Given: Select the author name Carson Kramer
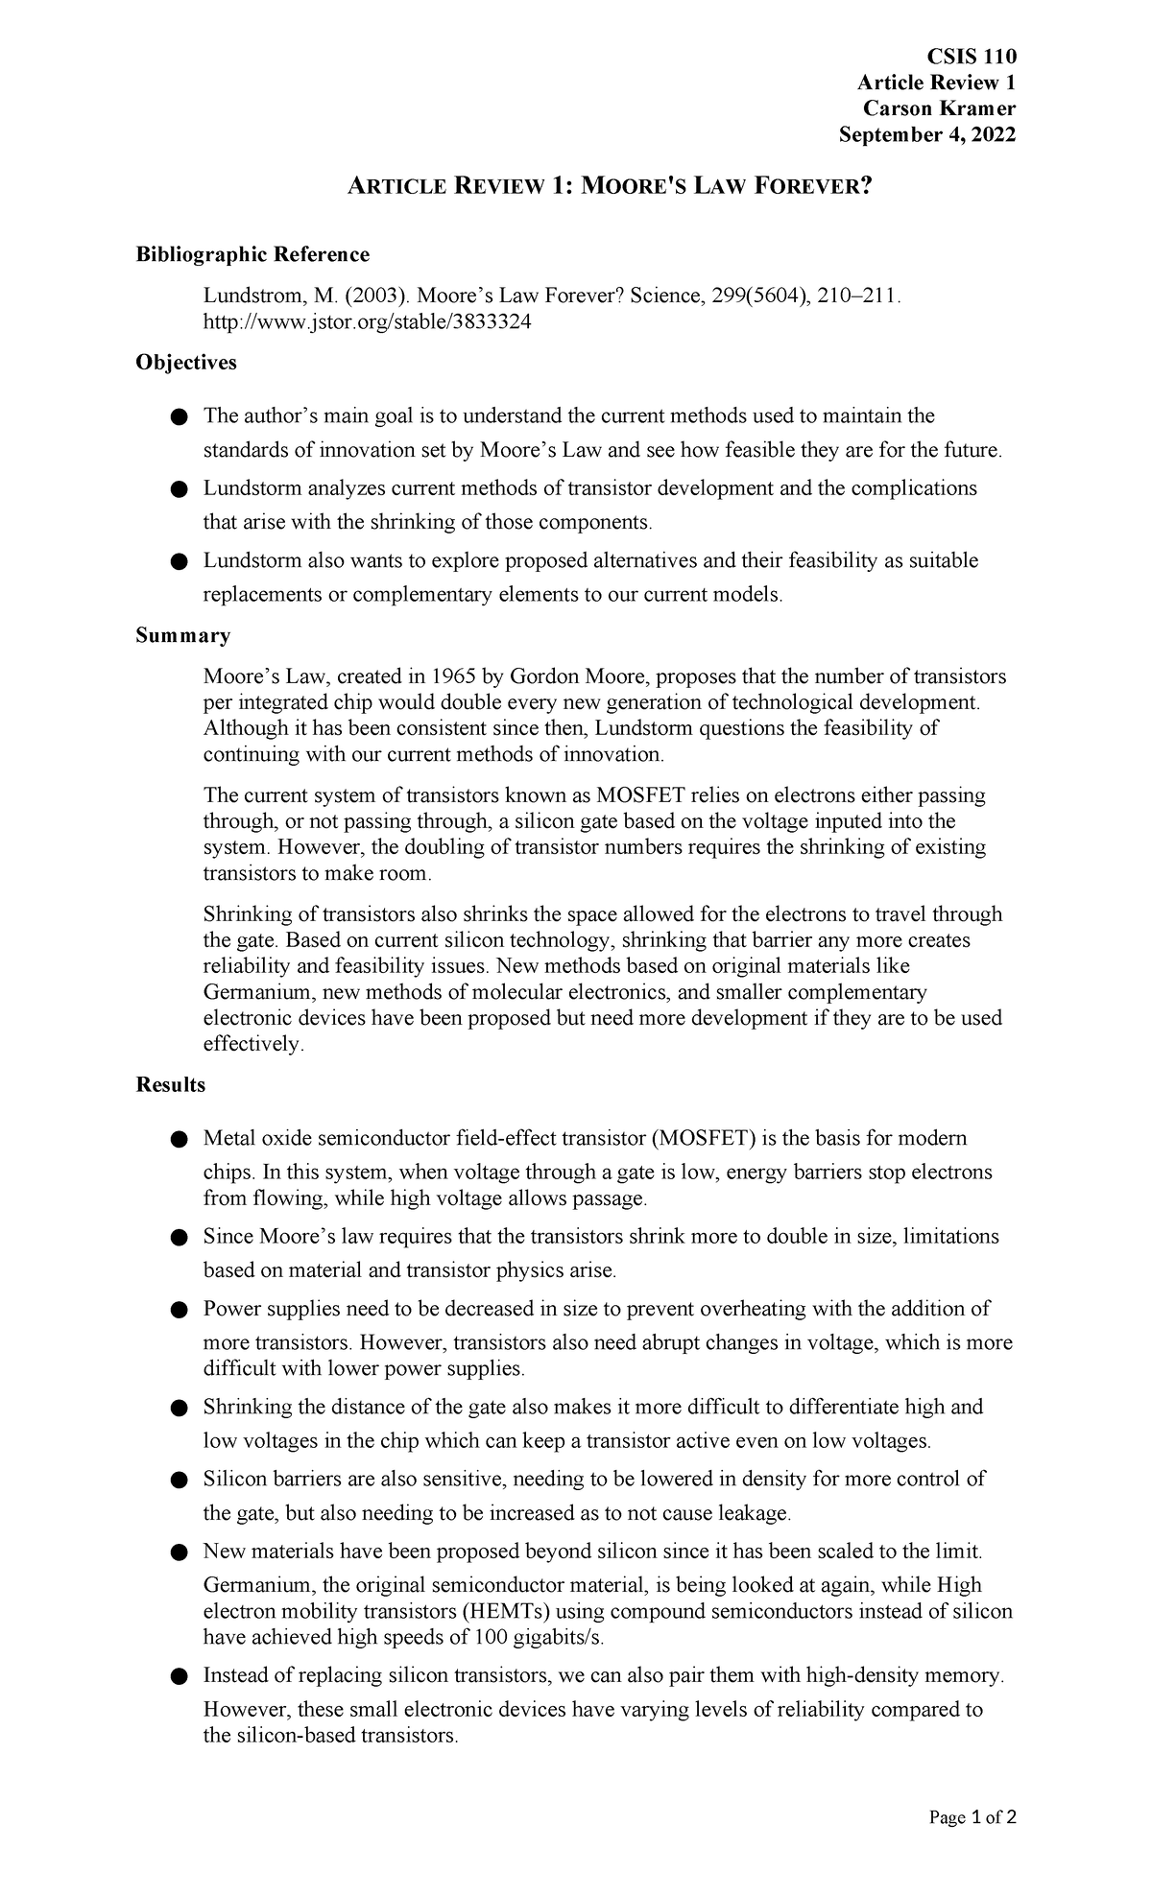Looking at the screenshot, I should tap(939, 108).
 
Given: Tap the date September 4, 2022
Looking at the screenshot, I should tap(926, 135).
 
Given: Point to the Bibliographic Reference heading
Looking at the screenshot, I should tap(252, 254).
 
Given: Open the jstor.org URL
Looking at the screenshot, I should tap(367, 322).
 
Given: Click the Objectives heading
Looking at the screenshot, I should tap(186, 363).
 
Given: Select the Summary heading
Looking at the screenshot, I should tap(182, 635).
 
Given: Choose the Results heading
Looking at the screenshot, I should tap(171, 1084).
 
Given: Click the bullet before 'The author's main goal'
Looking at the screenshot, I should tap(178, 416).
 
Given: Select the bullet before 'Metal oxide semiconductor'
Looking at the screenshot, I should tap(178, 1139).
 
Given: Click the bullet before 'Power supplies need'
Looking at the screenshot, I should tap(178, 1310).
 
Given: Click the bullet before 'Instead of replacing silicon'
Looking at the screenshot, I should tap(178, 1676).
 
